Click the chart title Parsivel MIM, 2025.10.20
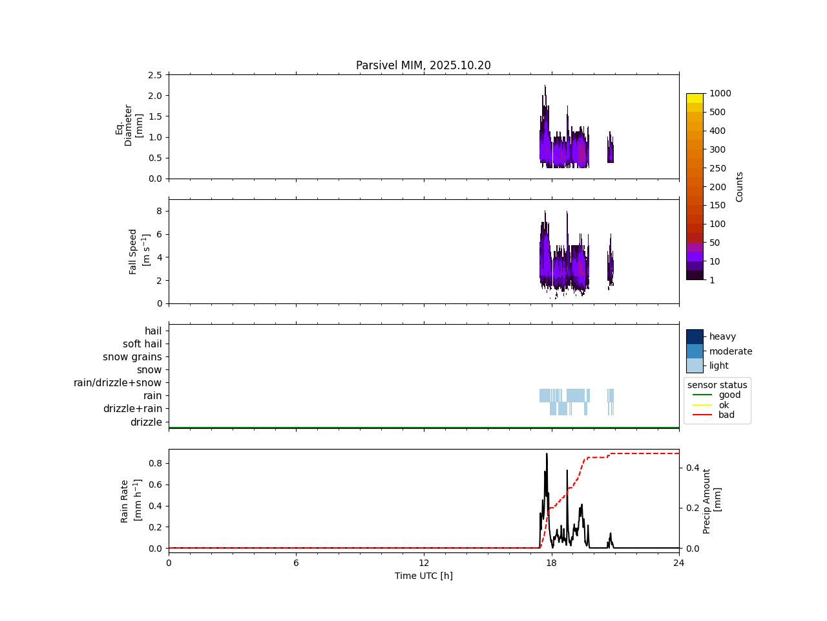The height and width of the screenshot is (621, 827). pyautogui.click(x=423, y=65)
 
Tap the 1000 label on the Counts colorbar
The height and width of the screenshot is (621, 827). pyautogui.click(x=720, y=93)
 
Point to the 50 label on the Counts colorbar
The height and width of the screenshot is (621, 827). pyautogui.click(x=714, y=243)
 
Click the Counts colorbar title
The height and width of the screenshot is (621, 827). pyautogui.click(x=739, y=186)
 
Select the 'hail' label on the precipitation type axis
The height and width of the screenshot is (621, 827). pyautogui.click(x=153, y=331)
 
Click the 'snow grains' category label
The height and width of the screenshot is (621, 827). pyautogui.click(x=132, y=357)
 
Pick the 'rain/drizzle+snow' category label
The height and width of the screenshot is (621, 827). pyautogui.click(x=118, y=383)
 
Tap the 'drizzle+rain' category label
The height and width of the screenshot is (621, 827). pyautogui.click(x=132, y=409)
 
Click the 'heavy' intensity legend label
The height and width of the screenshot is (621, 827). pyautogui.click(x=722, y=336)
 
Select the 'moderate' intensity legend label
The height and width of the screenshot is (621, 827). pyautogui.click(x=731, y=351)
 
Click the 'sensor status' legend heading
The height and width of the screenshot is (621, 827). pyautogui.click(x=717, y=385)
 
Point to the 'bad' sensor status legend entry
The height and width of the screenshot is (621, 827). pyautogui.click(x=726, y=415)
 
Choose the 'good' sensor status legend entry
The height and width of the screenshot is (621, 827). pyautogui.click(x=729, y=395)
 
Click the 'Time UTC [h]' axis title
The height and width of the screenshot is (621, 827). pyautogui.click(x=423, y=576)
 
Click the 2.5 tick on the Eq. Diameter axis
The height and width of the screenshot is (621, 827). pyautogui.click(x=155, y=75)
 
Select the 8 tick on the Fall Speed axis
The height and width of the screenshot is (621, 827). pyautogui.click(x=158, y=211)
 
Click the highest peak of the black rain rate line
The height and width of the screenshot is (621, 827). pyautogui.click(x=547, y=453)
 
